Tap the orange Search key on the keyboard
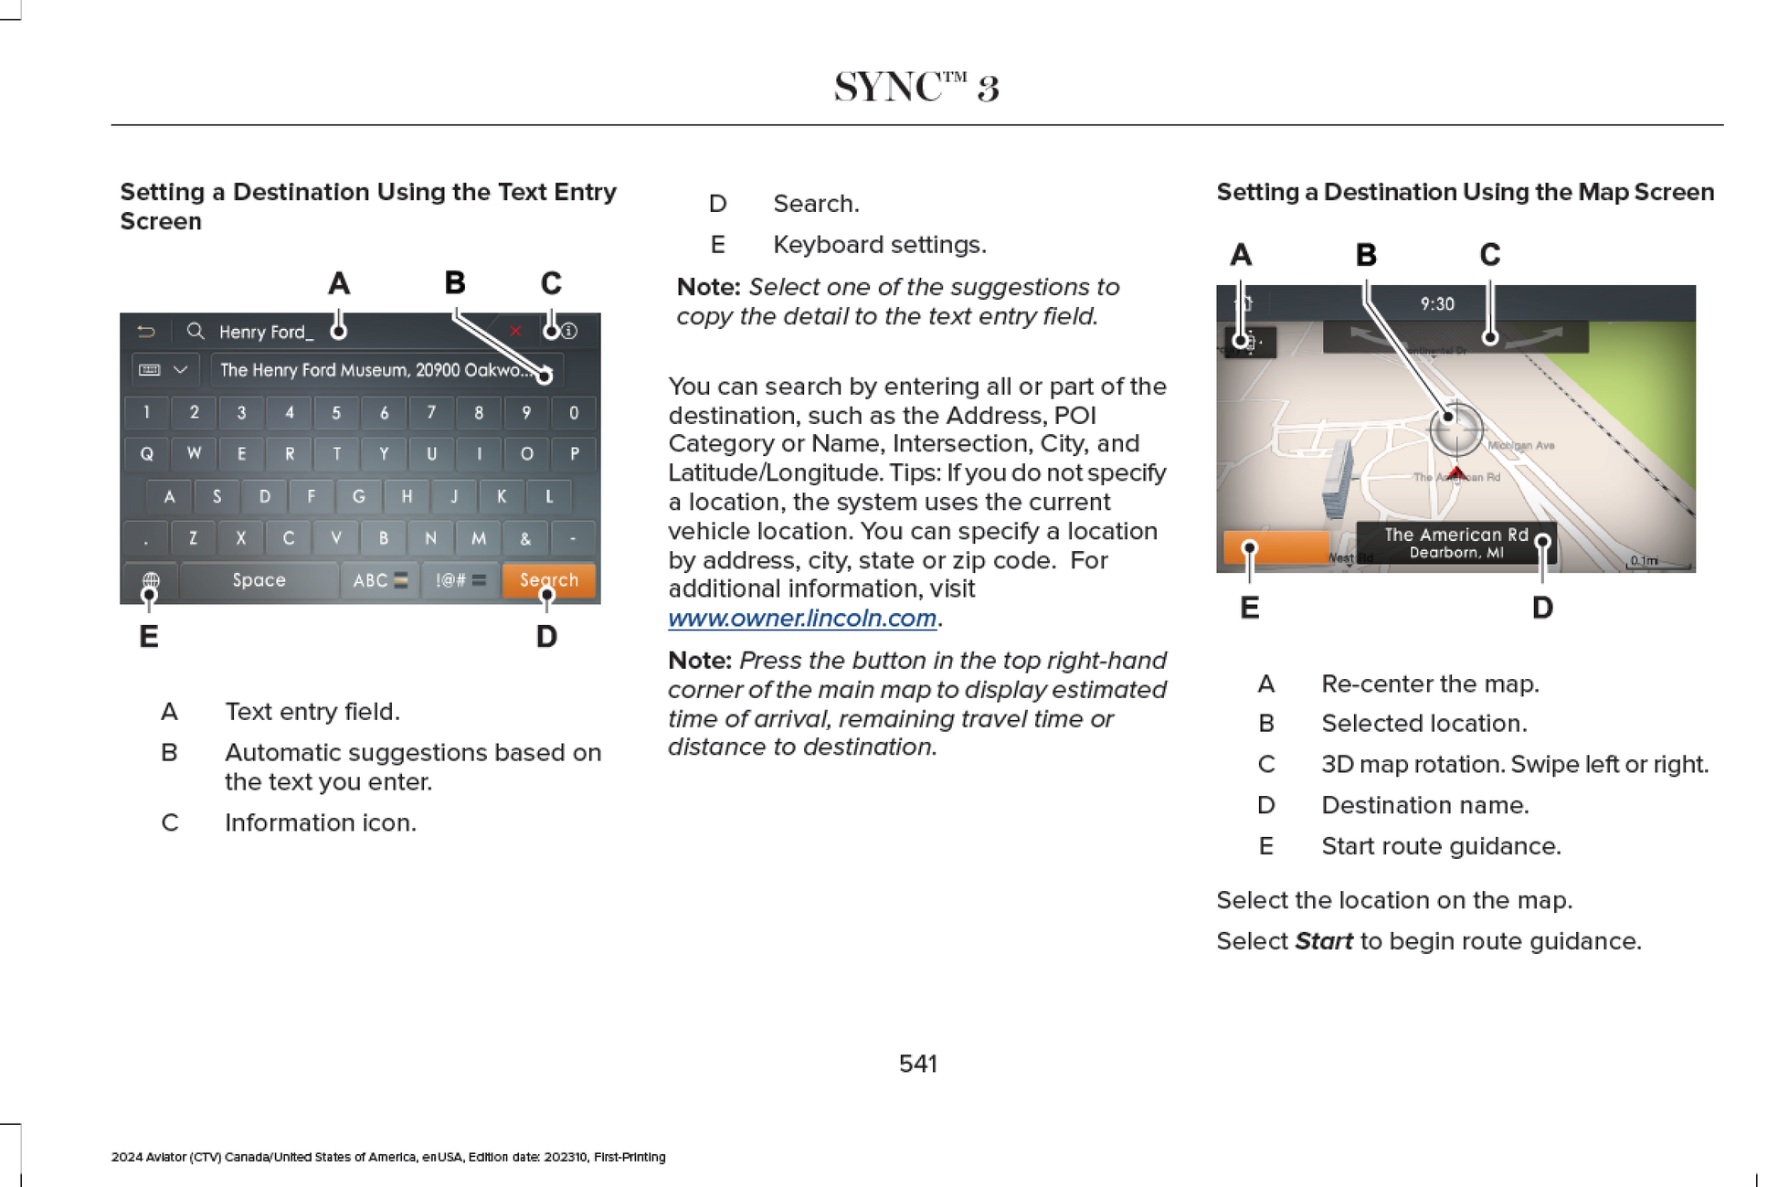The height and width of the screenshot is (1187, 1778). click(548, 580)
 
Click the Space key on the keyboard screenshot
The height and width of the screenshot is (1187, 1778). click(259, 580)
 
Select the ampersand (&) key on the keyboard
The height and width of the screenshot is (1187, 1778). click(525, 538)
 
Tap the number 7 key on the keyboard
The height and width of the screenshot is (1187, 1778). click(431, 413)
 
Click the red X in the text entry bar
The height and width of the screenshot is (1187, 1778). click(515, 331)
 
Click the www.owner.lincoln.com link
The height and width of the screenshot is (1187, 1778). click(802, 619)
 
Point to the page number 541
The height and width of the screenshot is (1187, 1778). click(917, 1064)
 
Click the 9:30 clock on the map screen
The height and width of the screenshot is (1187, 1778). click(1437, 304)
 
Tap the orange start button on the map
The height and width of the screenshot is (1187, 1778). click(1276, 547)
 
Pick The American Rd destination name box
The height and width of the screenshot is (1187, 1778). click(1455, 543)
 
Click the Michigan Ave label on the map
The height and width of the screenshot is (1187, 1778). click(1521, 446)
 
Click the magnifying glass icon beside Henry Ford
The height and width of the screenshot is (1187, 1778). click(196, 331)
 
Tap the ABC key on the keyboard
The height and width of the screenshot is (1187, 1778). click(380, 580)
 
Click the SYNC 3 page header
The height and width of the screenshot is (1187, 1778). click(916, 88)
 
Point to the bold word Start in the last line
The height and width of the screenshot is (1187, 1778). click(1323, 941)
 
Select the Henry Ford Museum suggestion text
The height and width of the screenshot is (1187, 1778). click(375, 370)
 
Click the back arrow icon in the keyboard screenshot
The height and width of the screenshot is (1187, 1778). click(146, 331)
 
